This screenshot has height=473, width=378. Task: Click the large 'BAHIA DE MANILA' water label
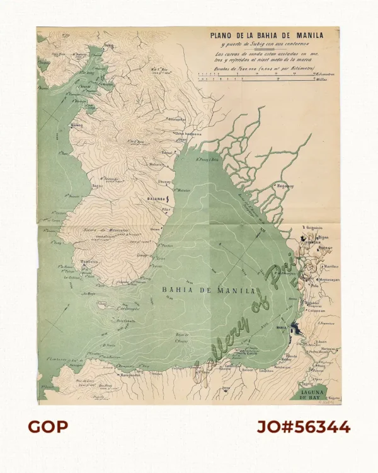[x=209, y=290]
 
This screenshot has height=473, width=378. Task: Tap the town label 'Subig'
[x=108, y=45]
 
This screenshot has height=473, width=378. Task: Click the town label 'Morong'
[x=77, y=125]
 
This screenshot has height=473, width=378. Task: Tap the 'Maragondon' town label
[x=130, y=375]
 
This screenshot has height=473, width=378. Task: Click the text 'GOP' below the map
[x=48, y=427]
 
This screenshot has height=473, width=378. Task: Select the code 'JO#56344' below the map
[x=303, y=427]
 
